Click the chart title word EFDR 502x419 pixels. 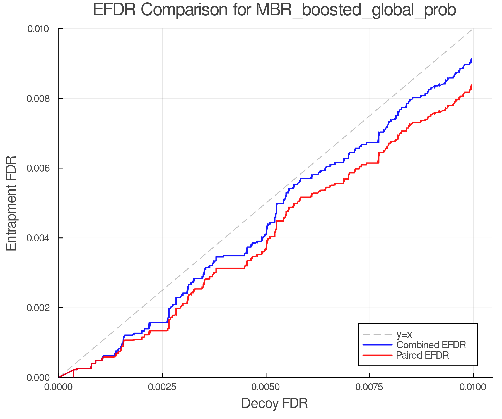point(114,10)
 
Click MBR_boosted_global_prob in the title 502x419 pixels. point(356,10)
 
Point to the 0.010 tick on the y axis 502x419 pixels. point(42,29)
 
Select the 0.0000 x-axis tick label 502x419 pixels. point(59,387)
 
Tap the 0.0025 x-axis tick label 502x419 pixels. point(162,387)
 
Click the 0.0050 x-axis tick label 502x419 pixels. point(266,387)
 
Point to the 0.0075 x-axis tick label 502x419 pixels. point(370,387)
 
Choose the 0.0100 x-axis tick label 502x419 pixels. point(473,387)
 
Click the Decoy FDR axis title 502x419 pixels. point(274,403)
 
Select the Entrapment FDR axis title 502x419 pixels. point(11,203)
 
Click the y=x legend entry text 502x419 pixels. point(404,334)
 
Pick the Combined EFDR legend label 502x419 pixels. point(431,345)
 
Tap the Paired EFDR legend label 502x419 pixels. point(422,355)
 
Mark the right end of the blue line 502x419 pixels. point(471,59)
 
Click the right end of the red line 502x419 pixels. point(471,85)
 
